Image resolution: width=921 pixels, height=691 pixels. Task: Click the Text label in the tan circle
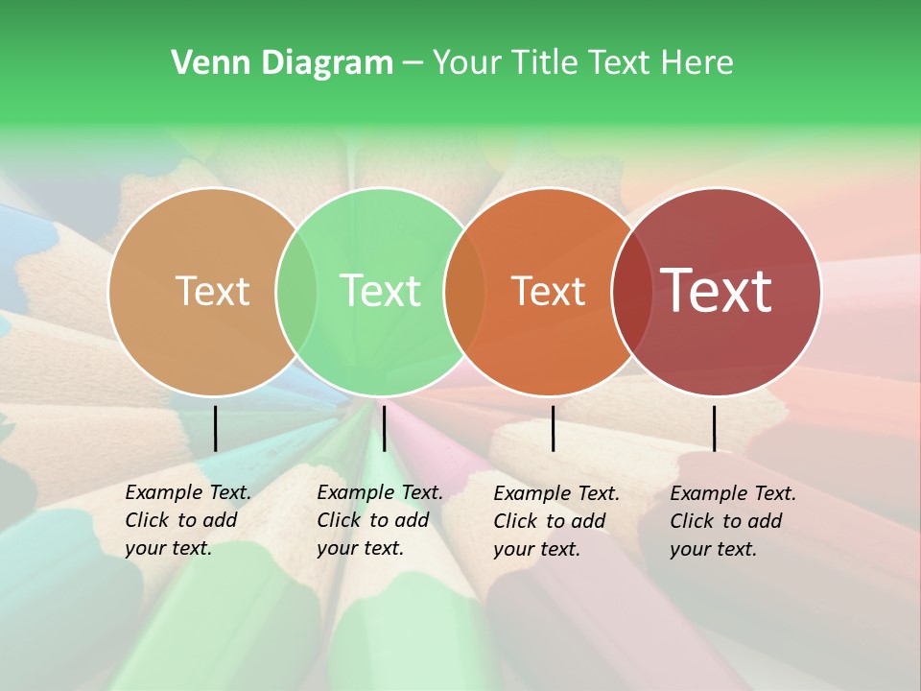click(212, 291)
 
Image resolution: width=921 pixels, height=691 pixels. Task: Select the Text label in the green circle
click(380, 291)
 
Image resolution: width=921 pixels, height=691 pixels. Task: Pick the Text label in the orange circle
click(548, 291)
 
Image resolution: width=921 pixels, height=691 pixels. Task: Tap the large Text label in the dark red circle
click(716, 291)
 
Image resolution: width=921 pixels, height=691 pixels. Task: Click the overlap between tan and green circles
click(296, 292)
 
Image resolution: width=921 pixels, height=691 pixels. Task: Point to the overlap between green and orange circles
click(464, 292)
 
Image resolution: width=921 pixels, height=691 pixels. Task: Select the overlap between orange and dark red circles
click(630, 292)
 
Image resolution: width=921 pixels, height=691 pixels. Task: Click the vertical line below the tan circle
click(215, 428)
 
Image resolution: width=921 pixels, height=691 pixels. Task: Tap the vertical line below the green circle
click(384, 428)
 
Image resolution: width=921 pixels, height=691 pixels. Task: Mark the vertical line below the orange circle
click(553, 428)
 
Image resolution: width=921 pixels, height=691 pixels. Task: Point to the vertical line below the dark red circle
click(714, 428)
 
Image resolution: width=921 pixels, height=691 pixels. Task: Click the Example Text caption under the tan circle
click(188, 520)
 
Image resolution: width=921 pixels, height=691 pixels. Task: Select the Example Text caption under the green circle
click(380, 520)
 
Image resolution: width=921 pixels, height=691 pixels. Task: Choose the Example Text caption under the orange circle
click(556, 521)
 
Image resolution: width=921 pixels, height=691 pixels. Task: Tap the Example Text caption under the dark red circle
click(733, 521)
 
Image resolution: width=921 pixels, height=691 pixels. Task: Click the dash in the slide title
click(413, 64)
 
